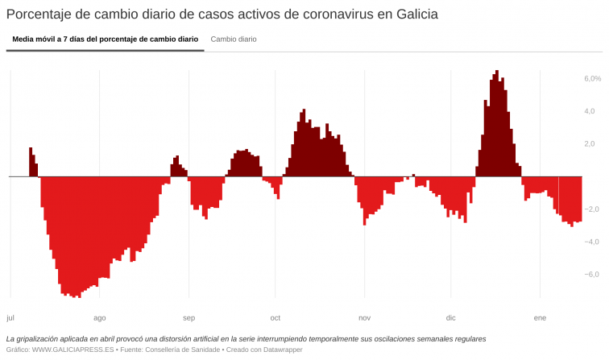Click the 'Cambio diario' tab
234,39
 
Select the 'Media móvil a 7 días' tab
105,39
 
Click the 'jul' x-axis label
10,318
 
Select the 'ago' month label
100,318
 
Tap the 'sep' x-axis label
188,318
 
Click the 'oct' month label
275,318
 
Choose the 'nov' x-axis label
365,318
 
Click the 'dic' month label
451,318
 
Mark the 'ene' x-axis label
540,318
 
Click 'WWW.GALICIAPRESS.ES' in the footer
72,350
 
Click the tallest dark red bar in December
497,121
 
